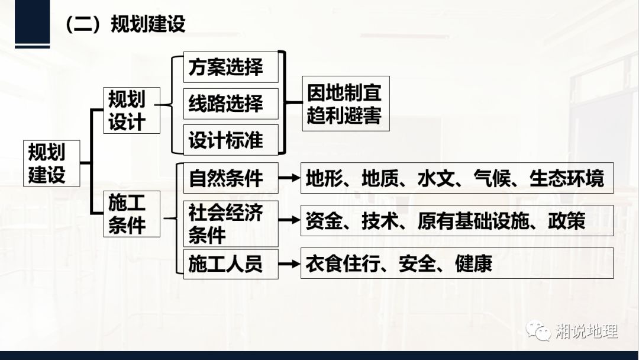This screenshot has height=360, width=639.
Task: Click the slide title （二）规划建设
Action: tap(125, 24)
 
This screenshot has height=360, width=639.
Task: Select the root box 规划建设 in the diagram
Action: tap(51, 163)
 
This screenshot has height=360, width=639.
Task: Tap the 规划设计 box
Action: tap(131, 110)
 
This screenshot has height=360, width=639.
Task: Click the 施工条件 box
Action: tap(131, 214)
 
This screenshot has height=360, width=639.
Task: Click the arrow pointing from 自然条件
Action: tap(289, 178)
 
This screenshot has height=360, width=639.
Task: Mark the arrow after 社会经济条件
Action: tap(289, 220)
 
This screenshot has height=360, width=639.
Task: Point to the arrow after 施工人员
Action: tap(289, 263)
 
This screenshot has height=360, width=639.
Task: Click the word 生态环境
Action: tap(566, 178)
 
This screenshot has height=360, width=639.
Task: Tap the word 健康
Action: tap(473, 263)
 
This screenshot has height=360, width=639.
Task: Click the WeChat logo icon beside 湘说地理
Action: tap(539, 330)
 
